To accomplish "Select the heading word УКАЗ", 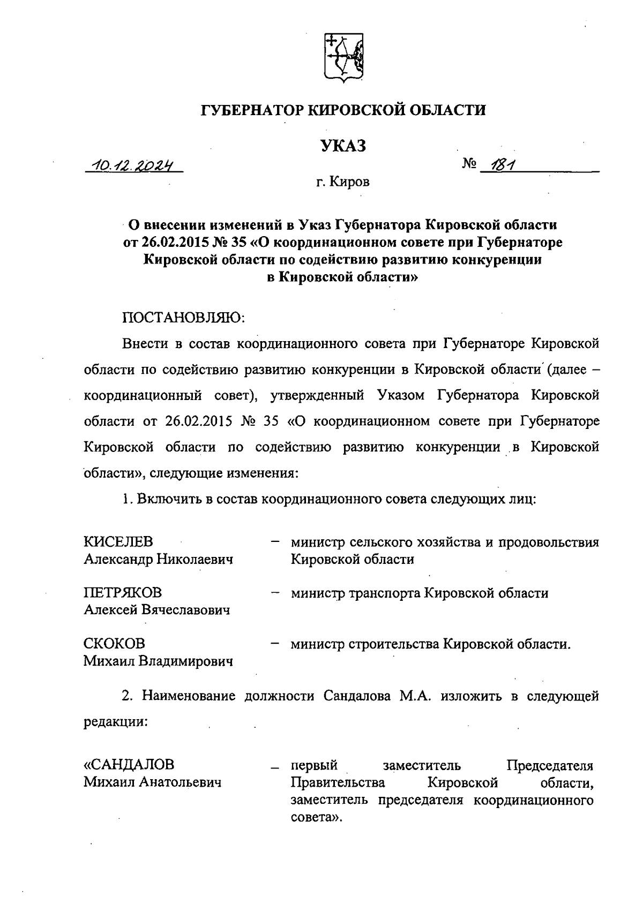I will [x=343, y=145].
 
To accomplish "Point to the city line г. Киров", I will [x=342, y=182].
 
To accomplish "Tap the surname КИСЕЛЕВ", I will [x=118, y=541].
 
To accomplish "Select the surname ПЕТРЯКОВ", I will [x=123, y=593].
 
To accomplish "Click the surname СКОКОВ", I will [x=114, y=643].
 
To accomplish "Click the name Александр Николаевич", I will [x=159, y=560].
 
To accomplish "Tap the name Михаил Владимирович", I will [x=158, y=661].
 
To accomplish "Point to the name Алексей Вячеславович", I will [x=157, y=610].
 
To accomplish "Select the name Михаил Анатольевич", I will [x=153, y=782].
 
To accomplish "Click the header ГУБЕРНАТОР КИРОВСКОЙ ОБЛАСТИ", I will [x=343, y=110].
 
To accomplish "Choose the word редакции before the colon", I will [x=114, y=721].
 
